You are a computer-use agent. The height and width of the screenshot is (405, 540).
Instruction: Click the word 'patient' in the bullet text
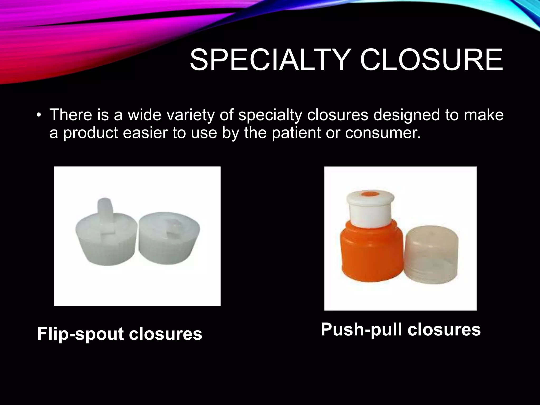296,133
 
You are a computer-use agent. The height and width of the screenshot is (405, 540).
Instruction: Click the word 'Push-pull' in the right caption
362,330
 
